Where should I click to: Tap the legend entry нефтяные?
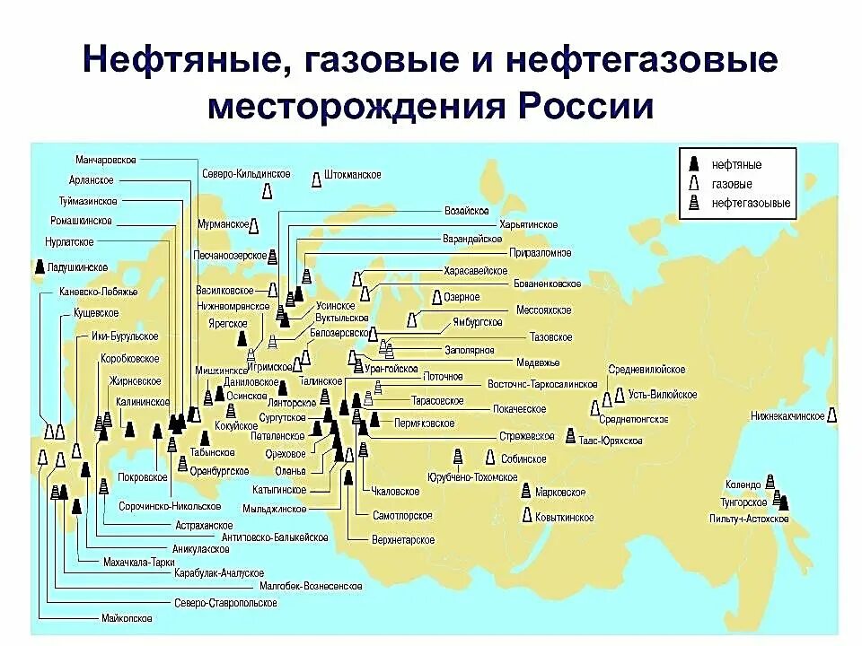click(x=736, y=166)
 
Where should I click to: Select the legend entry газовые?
click(x=731, y=184)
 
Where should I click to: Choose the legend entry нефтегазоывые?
click(x=751, y=204)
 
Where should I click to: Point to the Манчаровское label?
click(x=106, y=160)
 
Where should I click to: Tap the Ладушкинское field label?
click(x=78, y=267)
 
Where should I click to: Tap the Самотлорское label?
click(x=402, y=516)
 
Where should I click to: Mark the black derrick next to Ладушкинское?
click(x=39, y=266)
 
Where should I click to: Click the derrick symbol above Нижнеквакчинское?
click(x=832, y=415)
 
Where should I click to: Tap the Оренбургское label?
click(x=220, y=469)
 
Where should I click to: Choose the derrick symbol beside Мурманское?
click(x=256, y=224)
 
